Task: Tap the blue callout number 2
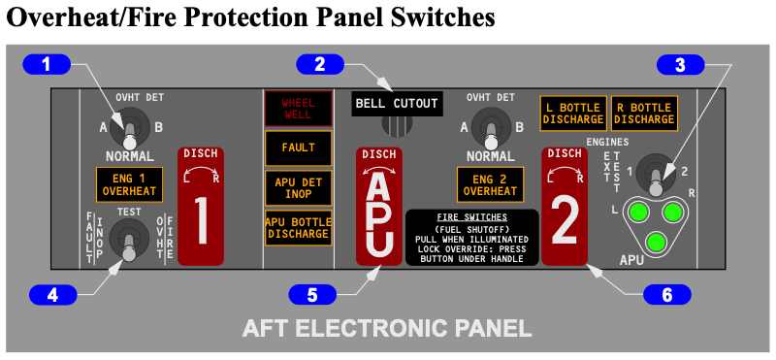point(320,65)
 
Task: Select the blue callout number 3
point(680,65)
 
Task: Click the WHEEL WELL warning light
point(298,109)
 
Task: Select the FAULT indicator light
point(298,148)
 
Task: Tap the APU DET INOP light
point(298,187)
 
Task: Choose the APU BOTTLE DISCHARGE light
point(298,228)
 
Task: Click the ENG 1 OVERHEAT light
point(129,184)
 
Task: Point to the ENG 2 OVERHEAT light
point(490,184)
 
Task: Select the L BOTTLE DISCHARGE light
point(573,114)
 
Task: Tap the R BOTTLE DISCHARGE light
point(644,114)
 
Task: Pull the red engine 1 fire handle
point(201,207)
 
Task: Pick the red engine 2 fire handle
point(565,207)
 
